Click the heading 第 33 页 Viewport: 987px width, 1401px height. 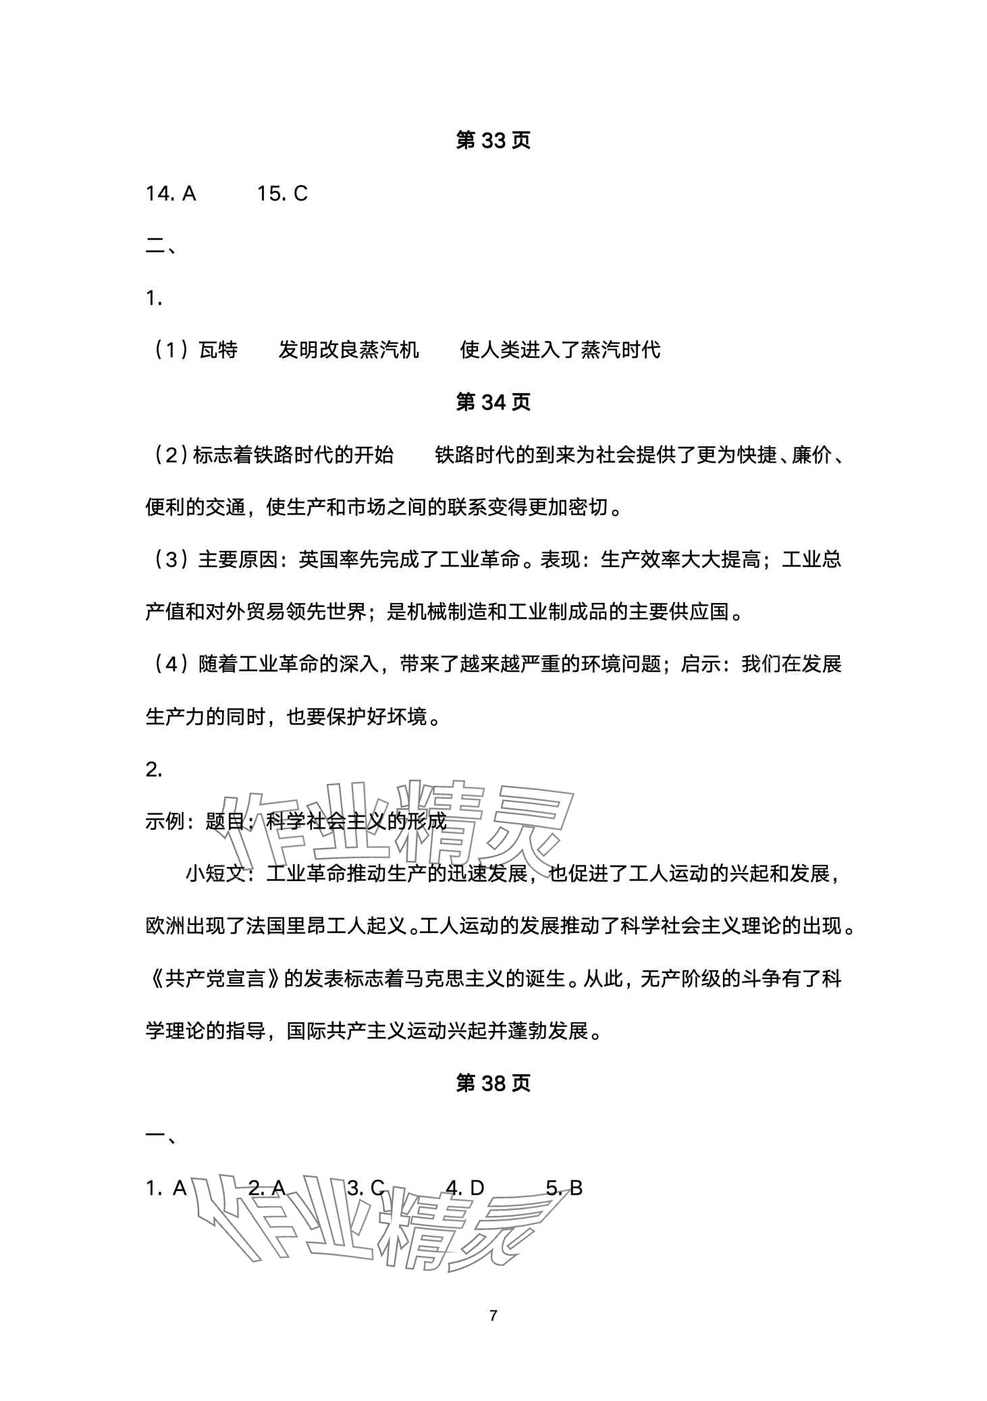click(493, 140)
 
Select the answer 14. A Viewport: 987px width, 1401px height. click(171, 194)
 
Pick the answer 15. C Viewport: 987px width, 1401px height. click(282, 194)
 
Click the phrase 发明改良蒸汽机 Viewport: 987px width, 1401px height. click(348, 350)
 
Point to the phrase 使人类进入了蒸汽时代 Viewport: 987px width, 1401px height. click(560, 350)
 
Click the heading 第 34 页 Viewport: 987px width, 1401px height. click(493, 402)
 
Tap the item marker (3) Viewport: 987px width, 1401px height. click(168, 560)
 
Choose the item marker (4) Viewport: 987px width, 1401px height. click(168, 664)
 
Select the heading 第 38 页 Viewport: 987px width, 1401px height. click(493, 1083)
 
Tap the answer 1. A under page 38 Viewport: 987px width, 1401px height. click(166, 1188)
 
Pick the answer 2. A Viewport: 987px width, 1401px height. click(267, 1188)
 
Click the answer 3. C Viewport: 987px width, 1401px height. click(366, 1188)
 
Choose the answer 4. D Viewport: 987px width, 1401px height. click(465, 1188)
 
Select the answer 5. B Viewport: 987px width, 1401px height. click(564, 1188)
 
